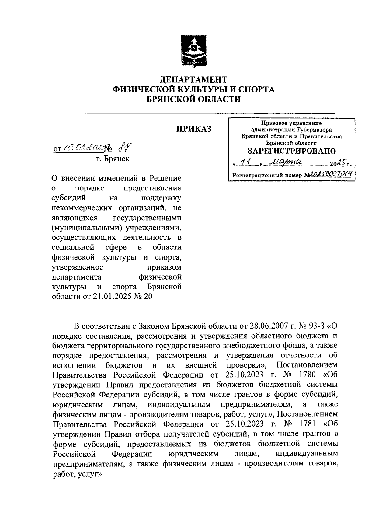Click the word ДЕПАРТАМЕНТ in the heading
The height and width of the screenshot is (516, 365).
(x=193, y=80)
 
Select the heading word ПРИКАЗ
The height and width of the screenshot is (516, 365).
(x=194, y=129)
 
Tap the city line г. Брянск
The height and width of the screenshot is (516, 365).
(x=113, y=159)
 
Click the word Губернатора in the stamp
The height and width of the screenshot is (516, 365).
(x=317, y=130)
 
